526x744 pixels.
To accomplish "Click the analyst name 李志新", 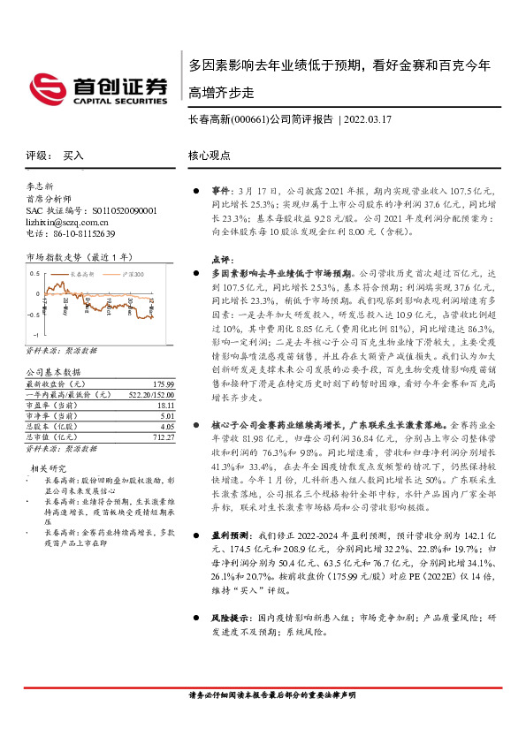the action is click(41, 188).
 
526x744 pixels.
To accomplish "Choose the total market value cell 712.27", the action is click(163, 436).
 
